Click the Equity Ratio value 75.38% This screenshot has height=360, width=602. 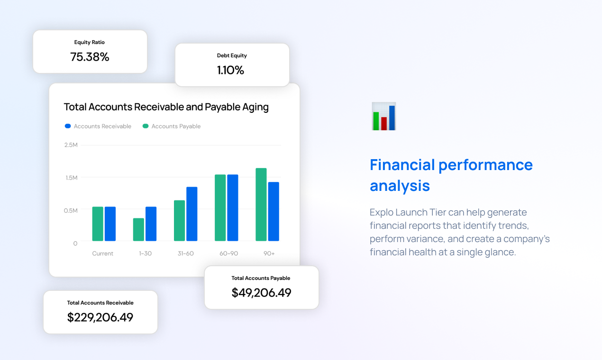tap(90, 57)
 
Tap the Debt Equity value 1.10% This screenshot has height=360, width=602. tap(230, 71)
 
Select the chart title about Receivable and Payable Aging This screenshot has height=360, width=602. tap(166, 107)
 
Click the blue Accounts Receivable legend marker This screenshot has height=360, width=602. tap(68, 126)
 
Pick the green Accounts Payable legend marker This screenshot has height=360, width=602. tap(146, 126)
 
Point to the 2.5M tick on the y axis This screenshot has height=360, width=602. tap(71, 145)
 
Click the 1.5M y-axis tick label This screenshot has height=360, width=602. tap(71, 178)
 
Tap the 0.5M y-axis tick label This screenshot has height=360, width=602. tap(71, 210)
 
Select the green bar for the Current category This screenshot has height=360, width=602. tap(98, 224)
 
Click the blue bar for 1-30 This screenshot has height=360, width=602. tap(151, 224)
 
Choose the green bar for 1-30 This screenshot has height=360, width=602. tap(138, 230)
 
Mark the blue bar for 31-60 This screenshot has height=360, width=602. tap(192, 214)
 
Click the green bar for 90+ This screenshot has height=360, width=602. tap(261, 205)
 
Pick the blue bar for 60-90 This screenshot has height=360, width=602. tap(232, 208)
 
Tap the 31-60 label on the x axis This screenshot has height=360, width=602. tap(186, 253)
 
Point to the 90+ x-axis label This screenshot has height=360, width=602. tap(269, 253)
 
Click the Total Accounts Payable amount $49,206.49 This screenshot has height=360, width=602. tap(261, 293)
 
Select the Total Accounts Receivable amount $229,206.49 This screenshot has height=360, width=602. tap(100, 317)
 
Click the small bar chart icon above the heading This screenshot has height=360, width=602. tap(384, 117)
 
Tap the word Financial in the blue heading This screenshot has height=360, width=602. tap(401, 165)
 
